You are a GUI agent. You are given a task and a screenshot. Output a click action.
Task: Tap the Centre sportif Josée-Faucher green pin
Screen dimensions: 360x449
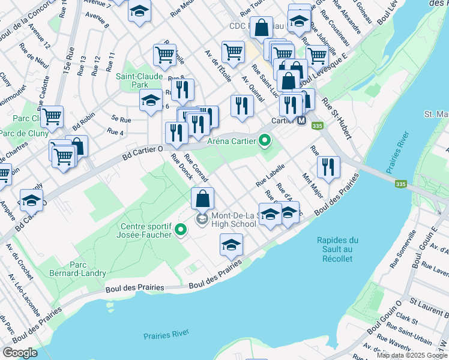click(x=180, y=229)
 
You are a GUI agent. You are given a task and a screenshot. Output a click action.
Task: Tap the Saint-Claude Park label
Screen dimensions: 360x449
click(x=139, y=80)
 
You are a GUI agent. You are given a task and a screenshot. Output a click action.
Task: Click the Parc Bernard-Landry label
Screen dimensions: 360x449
click(x=88, y=269)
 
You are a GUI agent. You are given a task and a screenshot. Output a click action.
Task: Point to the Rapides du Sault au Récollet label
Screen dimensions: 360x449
click(x=335, y=250)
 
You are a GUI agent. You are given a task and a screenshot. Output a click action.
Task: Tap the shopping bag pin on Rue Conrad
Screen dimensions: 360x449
click(x=203, y=198)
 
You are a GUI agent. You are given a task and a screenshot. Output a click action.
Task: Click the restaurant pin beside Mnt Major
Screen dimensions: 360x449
click(x=328, y=167)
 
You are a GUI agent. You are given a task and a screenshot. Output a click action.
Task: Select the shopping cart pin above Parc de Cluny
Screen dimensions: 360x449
click(x=52, y=117)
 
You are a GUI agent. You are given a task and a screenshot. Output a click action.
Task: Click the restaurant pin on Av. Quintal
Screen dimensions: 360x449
click(x=242, y=106)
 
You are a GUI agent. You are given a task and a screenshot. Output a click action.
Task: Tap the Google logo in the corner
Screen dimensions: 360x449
click(x=20, y=353)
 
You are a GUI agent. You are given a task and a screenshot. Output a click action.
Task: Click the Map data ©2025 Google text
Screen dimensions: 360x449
click(x=412, y=355)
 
